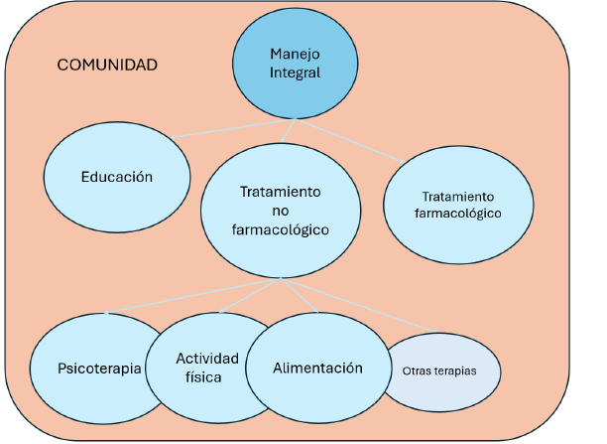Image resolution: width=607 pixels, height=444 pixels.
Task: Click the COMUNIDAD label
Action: click(107, 66)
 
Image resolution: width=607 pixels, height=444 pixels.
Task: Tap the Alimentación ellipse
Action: click(317, 368)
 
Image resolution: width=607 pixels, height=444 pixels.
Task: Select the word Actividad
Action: click(207, 358)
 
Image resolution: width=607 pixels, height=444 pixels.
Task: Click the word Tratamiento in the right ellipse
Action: click(457, 197)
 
